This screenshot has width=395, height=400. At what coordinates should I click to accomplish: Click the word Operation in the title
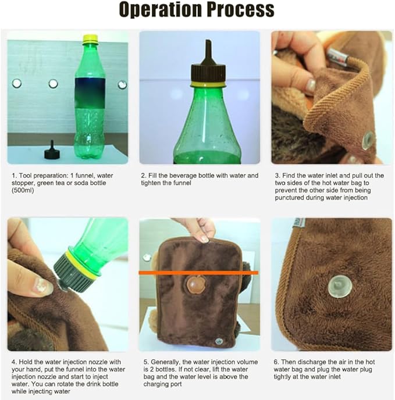(161, 10)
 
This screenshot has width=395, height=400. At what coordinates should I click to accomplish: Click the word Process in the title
(241, 9)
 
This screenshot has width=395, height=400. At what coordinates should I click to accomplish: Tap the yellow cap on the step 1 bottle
(90, 38)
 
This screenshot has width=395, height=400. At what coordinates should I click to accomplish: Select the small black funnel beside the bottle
(52, 150)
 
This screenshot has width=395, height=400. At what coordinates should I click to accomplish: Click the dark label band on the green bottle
(90, 93)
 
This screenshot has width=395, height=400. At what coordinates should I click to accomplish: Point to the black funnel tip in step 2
(208, 52)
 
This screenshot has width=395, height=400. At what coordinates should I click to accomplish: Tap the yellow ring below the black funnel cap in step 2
(208, 84)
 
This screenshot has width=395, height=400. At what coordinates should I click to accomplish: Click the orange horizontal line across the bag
(198, 273)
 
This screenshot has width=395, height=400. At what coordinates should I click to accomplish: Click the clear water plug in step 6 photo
(339, 285)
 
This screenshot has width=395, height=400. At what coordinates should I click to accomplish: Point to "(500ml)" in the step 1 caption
(23, 190)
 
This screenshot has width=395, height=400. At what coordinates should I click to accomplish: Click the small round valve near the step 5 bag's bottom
(219, 341)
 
